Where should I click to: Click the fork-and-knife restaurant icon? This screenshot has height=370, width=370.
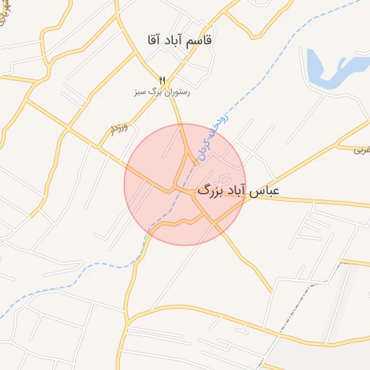point(162,80)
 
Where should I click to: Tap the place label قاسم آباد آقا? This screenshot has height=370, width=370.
point(178,40)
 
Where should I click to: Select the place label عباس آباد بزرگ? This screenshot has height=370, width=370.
point(238,192)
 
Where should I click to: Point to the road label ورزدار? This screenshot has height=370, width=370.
point(119,129)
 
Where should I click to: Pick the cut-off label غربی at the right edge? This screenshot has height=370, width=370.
point(361,150)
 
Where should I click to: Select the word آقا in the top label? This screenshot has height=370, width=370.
point(155,40)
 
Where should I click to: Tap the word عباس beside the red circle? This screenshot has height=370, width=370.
point(264,192)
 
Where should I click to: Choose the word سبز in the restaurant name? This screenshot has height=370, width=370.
point(139,92)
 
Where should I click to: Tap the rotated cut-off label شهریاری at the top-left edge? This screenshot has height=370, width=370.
point(6,11)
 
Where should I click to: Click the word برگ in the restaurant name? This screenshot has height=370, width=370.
point(153,92)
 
